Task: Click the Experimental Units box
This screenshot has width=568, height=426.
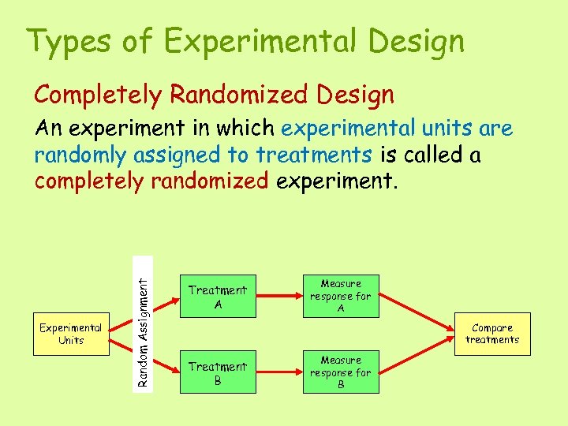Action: [71, 334]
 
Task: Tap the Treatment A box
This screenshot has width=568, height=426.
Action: [218, 297]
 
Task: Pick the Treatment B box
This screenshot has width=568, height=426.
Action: [218, 372]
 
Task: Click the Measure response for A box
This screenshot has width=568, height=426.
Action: [341, 296]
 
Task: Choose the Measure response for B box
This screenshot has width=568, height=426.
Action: [341, 372]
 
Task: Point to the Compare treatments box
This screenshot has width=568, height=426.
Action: [492, 334]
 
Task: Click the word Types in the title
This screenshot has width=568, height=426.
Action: [70, 41]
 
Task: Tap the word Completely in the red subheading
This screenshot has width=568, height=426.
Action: [99, 95]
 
